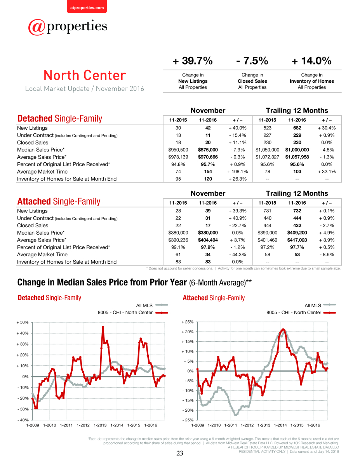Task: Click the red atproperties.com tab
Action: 87,7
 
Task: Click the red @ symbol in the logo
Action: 37,27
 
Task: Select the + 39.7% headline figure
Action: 193,61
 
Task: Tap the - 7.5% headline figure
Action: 252,61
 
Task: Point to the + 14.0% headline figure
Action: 311,61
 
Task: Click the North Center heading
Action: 85,75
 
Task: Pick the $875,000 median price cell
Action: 208,150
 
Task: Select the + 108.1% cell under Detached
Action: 238,172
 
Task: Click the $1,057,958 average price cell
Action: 297,157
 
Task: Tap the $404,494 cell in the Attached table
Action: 208,240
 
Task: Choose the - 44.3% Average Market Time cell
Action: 238,254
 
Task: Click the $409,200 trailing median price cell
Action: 297,233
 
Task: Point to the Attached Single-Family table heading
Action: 59,202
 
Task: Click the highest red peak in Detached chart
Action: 103,327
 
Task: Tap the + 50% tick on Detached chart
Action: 23,322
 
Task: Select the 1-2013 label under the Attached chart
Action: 264,425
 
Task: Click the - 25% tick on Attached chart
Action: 188,420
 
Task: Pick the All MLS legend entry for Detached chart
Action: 152,305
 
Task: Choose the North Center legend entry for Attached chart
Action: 301,313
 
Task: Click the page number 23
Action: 180,453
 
